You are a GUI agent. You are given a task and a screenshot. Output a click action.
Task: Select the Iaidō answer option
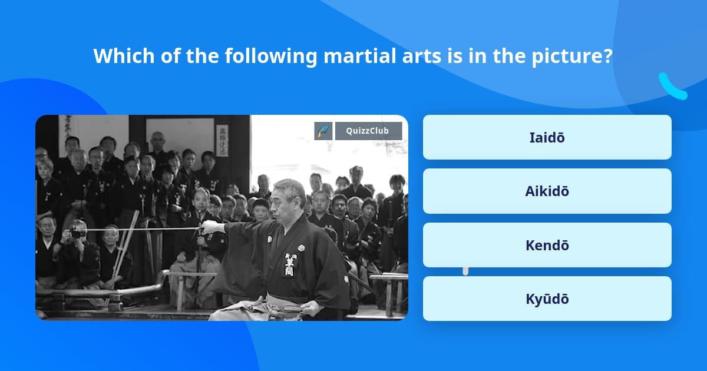tap(547, 137)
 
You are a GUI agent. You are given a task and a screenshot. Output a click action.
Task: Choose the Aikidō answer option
tap(547, 191)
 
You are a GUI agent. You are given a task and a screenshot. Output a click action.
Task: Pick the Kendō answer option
tap(547, 245)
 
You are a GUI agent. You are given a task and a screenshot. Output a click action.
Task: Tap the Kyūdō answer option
tap(547, 299)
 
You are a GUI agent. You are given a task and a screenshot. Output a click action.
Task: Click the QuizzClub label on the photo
tap(368, 131)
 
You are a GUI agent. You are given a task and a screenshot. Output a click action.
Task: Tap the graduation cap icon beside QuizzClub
tap(323, 131)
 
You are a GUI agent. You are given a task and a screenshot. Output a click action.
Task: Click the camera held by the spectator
tap(77, 233)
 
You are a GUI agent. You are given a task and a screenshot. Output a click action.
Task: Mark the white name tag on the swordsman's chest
tap(290, 266)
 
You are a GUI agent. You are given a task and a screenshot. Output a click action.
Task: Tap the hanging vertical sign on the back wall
tap(222, 140)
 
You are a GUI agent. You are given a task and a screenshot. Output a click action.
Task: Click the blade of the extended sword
tap(141, 229)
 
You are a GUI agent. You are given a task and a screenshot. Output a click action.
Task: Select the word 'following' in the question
tap(270, 56)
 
